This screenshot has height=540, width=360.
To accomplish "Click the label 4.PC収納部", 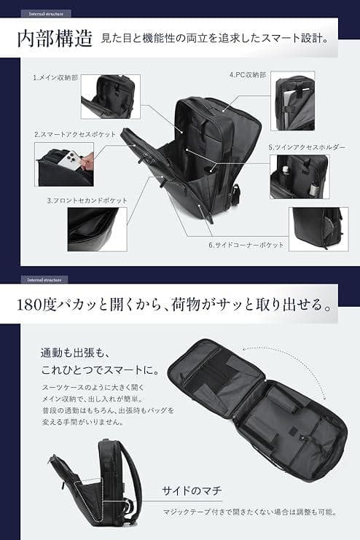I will [249, 74].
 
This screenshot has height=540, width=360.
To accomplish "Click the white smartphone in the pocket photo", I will [71, 165].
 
